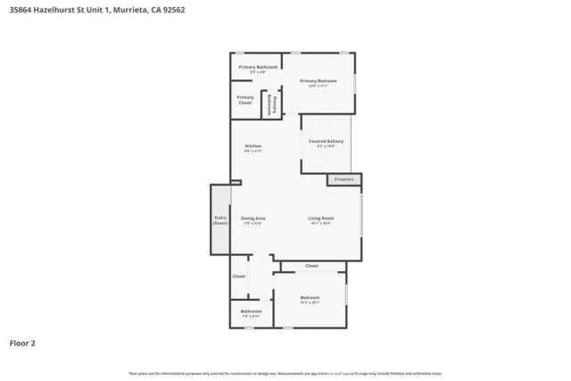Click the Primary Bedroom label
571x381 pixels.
click(319, 81)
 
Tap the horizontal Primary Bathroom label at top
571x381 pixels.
click(258, 67)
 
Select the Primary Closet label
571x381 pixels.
click(245, 100)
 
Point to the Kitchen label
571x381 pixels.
click(253, 145)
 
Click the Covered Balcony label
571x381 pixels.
click(327, 142)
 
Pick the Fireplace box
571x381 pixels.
click(344, 180)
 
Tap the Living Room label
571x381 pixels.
click(321, 219)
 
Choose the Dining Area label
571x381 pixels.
click(253, 219)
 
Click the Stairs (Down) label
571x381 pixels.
click(220, 220)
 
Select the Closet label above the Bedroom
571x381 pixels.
click(311, 266)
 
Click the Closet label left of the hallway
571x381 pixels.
click(239, 277)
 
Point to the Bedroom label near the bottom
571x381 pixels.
click(310, 297)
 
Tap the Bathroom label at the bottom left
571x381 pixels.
click(251, 311)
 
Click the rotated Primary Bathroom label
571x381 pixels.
click(270, 104)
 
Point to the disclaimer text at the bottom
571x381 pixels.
click(285, 373)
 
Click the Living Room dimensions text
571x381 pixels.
click(321, 223)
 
